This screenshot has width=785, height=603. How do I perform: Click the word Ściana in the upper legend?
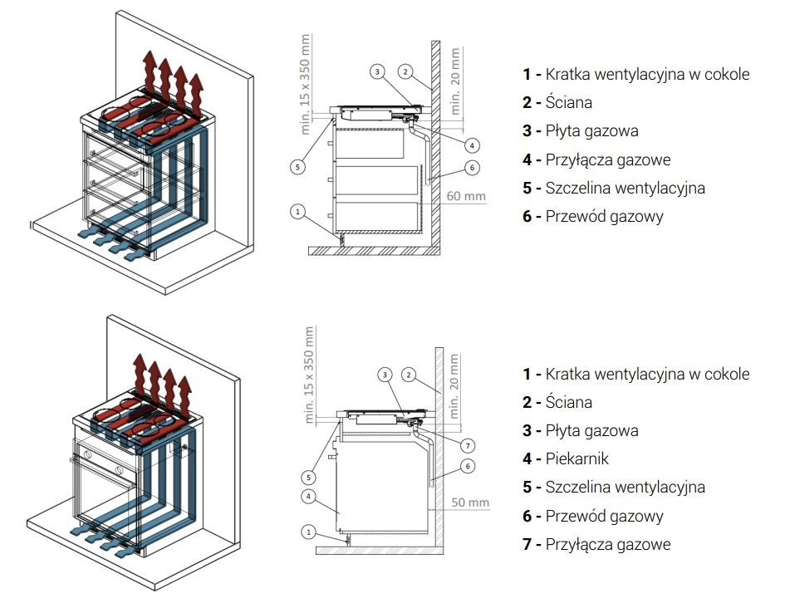569,102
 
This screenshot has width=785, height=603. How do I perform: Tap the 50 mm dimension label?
470,502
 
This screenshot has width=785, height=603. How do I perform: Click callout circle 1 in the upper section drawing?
297,211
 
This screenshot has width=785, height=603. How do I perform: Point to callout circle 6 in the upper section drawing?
472,168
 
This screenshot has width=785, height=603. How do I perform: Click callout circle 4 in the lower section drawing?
307,497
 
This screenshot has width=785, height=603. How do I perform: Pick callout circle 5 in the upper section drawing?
297,166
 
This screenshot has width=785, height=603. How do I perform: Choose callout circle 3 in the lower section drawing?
385,375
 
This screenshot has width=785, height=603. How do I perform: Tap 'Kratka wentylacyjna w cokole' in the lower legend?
647,374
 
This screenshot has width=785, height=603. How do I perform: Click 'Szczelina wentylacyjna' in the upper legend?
625,188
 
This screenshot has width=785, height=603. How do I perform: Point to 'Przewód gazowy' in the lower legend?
604,516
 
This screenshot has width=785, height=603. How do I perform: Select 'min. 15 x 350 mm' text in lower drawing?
309,375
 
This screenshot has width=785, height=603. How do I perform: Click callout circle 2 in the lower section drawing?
409,375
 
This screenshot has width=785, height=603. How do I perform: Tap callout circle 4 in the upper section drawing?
471,145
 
